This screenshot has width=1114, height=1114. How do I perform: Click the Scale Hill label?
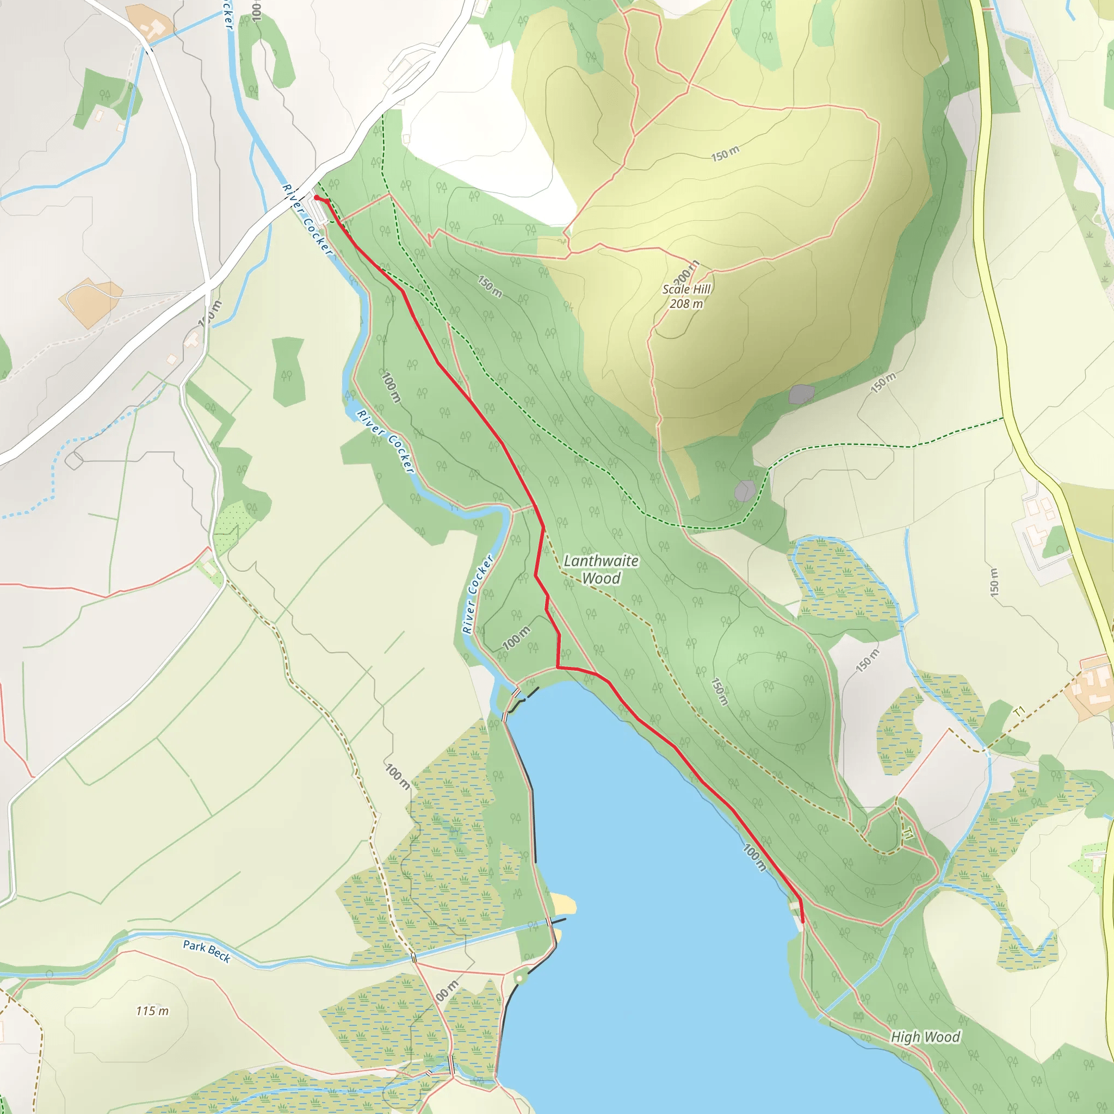click(686, 289)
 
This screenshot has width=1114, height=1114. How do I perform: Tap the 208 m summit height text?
click(686, 304)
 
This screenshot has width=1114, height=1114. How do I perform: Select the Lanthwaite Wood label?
click(601, 569)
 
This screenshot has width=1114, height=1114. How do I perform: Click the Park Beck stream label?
click(206, 951)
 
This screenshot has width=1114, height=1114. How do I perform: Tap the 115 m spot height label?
click(152, 1011)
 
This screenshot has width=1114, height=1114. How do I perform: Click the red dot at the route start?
click(317, 198)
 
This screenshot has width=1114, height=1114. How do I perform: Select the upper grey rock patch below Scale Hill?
click(801, 394)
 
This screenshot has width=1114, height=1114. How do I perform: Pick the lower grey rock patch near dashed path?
click(745, 491)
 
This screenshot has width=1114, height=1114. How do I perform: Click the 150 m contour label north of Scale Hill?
click(724, 154)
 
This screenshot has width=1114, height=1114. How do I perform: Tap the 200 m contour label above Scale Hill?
click(686, 272)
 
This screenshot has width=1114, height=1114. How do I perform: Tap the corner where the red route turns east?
click(558, 667)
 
